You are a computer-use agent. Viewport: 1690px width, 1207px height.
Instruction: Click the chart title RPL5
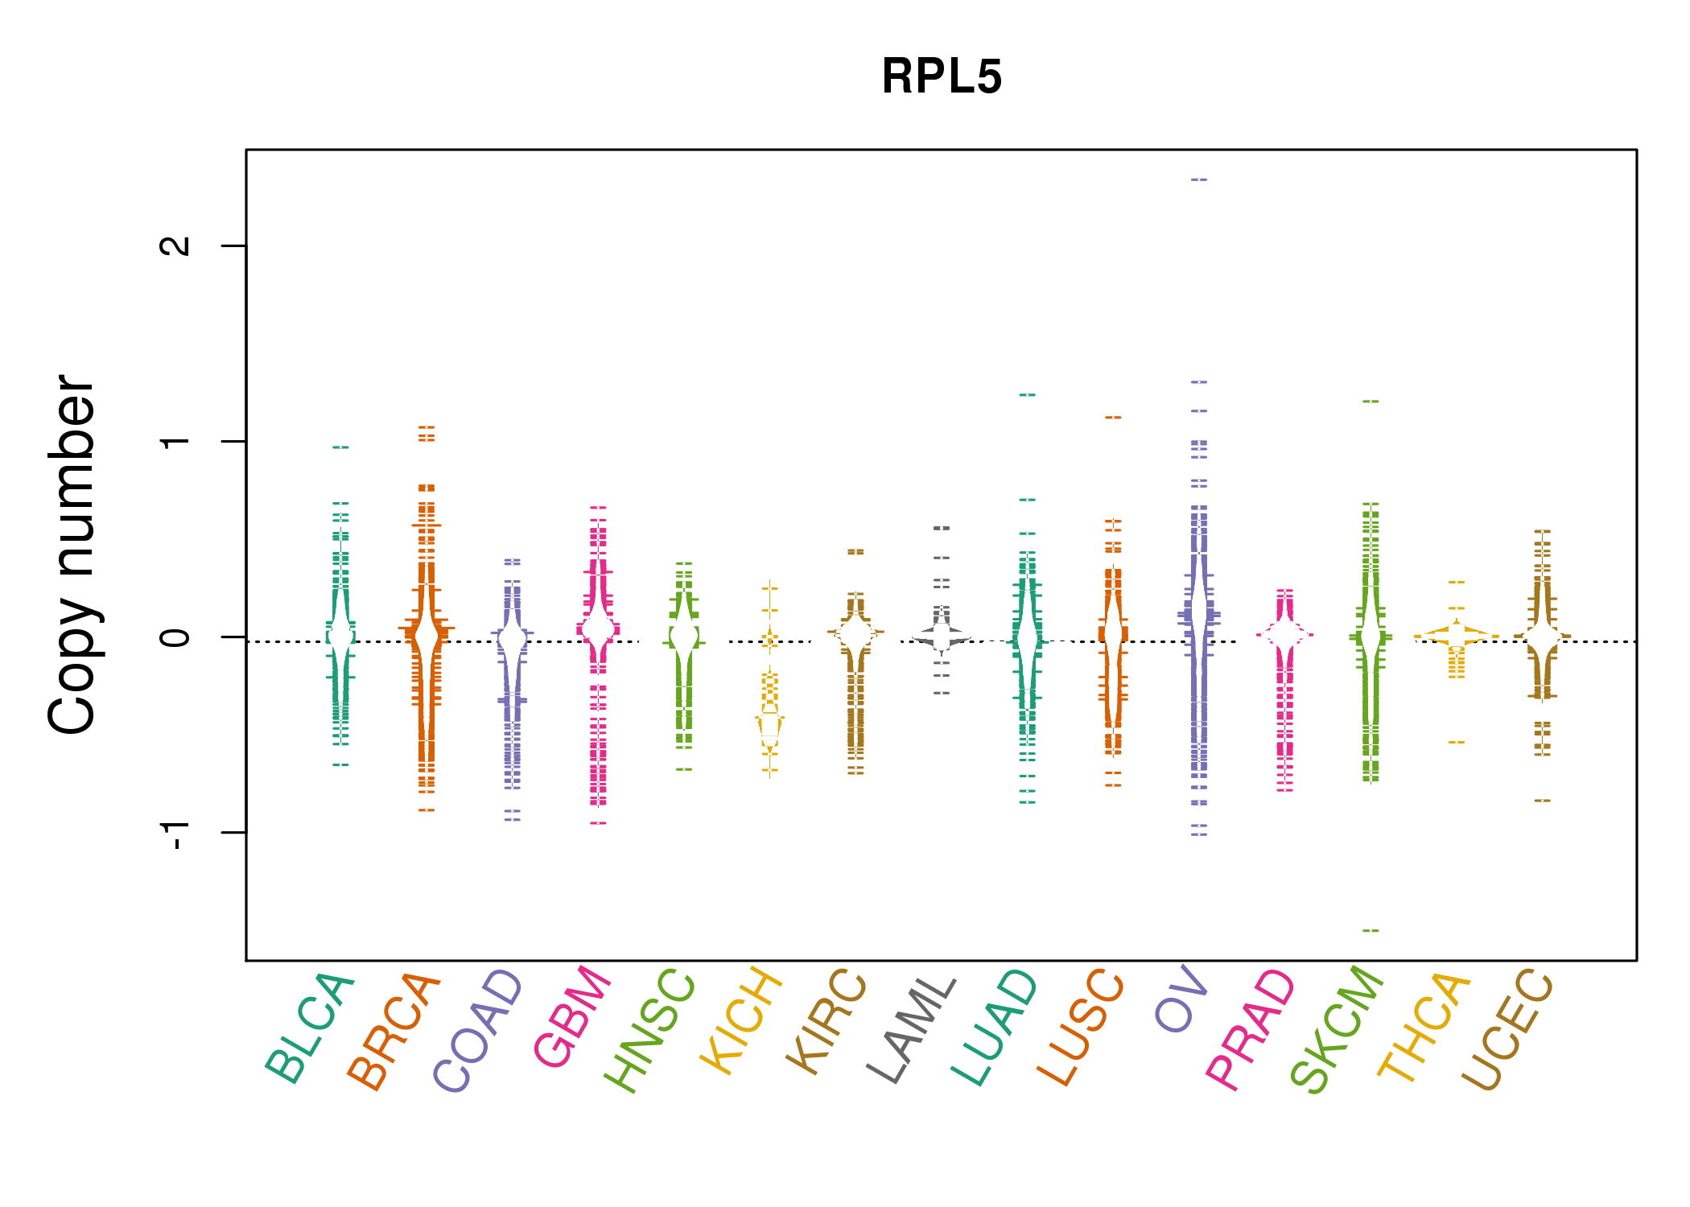pos(941,77)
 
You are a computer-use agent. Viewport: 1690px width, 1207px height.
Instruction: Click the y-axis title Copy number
pos(72,554)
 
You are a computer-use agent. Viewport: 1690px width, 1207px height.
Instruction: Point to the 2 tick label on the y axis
pos(175,245)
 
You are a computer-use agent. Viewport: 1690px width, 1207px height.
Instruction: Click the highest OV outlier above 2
pos(1199,179)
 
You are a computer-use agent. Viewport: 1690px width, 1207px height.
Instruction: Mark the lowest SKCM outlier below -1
pos(1371,930)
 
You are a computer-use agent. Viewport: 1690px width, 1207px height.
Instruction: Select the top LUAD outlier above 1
pos(1028,395)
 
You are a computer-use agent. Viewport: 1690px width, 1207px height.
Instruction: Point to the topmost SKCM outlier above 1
pos(1371,401)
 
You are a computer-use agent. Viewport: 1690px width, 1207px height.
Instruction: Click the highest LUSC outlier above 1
pos(1113,418)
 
